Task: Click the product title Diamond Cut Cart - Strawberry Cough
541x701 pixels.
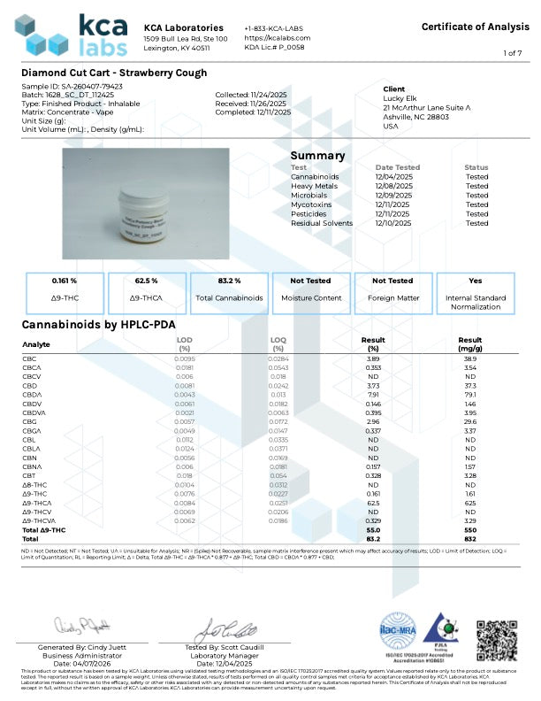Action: [114, 73]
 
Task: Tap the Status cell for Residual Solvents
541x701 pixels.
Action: [476, 223]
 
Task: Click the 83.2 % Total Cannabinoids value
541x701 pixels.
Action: [230, 280]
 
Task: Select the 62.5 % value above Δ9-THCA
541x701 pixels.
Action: [147, 280]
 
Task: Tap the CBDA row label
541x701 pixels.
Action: [32, 393]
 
